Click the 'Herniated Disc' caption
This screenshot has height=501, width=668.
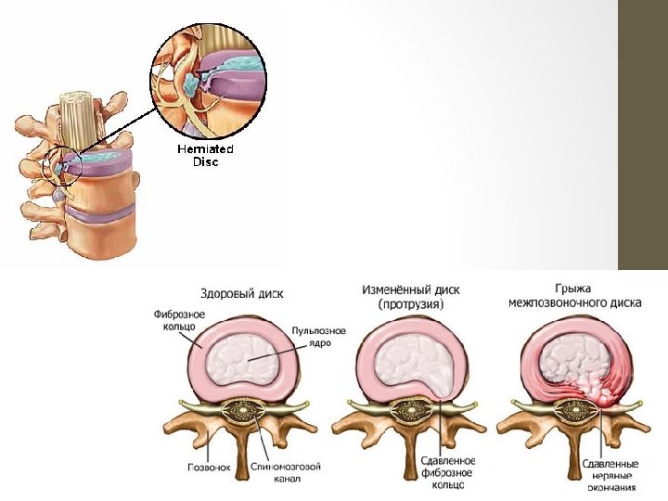tap(205, 154)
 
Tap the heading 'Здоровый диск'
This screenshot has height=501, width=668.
tap(248, 293)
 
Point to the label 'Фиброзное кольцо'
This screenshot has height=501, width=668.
tap(174, 319)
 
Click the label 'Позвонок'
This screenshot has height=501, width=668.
tap(205, 468)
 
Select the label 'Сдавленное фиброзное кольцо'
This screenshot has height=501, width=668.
tap(448, 473)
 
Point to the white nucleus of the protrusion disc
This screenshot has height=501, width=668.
tap(404, 361)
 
